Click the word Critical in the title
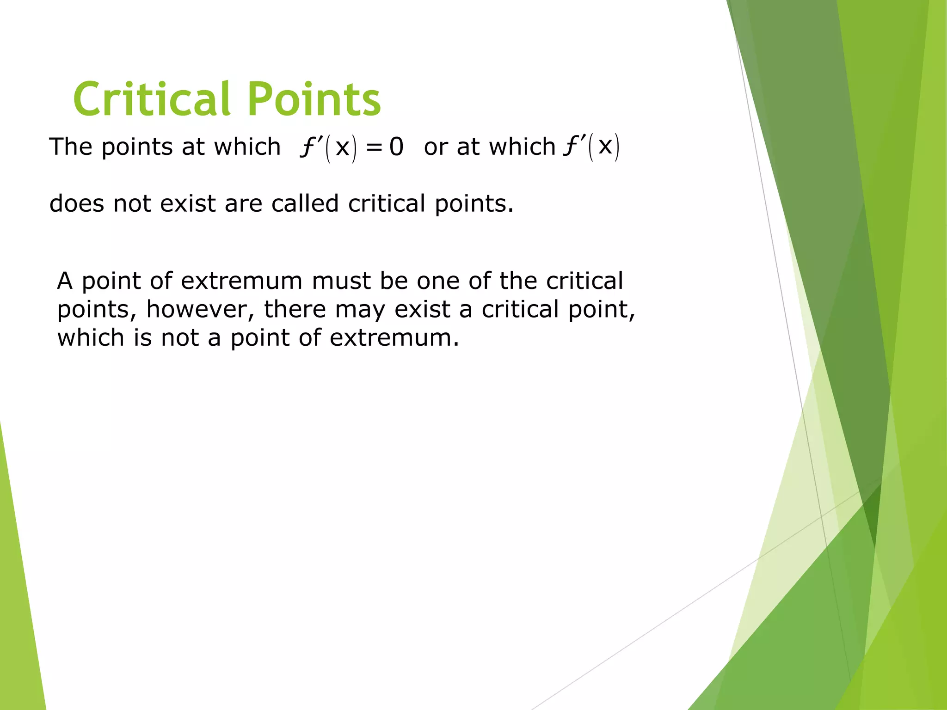[151, 99]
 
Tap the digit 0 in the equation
[396, 147]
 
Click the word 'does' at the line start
[77, 203]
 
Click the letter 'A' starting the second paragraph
[65, 281]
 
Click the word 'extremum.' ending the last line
[394, 337]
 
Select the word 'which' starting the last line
[91, 337]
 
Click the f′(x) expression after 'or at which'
[591, 147]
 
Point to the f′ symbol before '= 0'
[308, 147]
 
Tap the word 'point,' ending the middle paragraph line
[602, 309]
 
